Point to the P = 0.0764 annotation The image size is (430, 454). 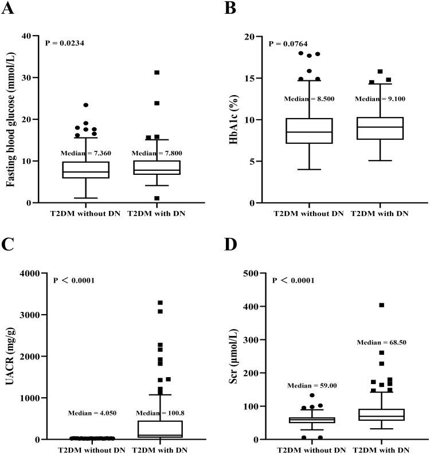(290, 44)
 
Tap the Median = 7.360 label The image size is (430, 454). (85, 153)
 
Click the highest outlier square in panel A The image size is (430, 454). (156, 73)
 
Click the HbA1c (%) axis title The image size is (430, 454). (234, 119)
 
